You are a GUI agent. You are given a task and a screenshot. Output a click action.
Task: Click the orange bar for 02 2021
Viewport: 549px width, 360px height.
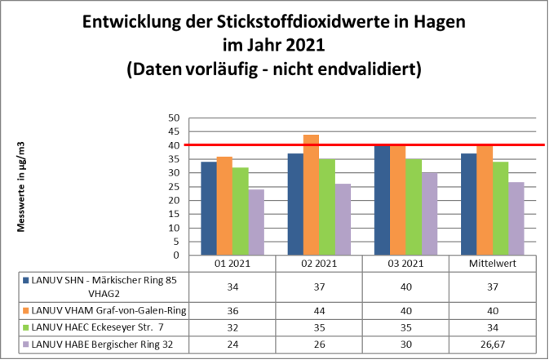[311, 195]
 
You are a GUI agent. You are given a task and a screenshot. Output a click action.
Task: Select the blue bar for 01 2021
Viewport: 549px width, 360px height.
[209, 209]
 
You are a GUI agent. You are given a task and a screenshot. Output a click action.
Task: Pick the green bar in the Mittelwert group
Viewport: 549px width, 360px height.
[500, 208]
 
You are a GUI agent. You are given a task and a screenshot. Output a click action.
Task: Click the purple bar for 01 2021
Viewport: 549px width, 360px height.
[256, 222]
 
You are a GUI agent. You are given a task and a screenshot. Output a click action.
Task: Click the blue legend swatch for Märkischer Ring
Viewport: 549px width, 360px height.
[25, 280]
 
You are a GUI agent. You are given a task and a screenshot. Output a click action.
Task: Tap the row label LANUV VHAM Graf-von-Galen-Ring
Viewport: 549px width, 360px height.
[98, 310]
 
